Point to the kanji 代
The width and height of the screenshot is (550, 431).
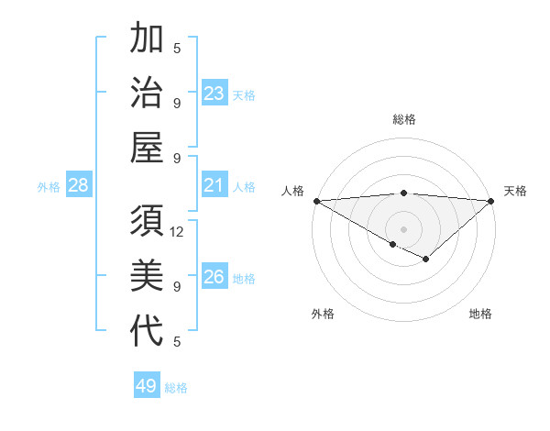point(147,331)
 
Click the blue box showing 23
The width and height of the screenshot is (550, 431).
point(214,94)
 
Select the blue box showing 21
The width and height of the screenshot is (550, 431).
point(214,186)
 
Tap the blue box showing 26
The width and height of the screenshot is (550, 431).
point(214,278)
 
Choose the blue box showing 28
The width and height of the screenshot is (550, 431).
point(79,186)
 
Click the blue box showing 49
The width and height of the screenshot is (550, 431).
point(147,386)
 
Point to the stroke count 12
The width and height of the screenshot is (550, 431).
point(177,232)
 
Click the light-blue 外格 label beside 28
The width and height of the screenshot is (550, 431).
point(49,187)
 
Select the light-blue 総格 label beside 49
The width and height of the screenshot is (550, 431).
point(176,388)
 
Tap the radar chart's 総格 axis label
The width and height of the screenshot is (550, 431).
point(403,119)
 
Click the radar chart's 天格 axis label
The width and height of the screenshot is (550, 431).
point(516,191)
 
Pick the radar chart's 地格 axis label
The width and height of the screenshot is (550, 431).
point(480,314)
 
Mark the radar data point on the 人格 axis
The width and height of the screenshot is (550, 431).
point(315,201)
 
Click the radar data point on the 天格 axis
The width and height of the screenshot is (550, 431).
point(491,201)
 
